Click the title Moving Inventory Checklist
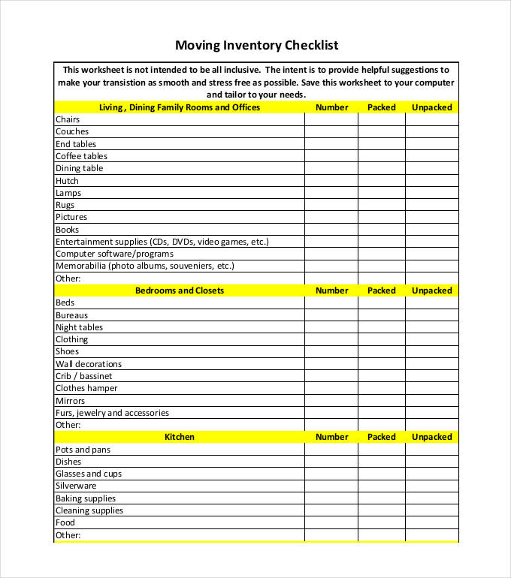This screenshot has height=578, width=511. click(x=256, y=45)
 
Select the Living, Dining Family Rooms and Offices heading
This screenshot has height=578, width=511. click(x=180, y=107)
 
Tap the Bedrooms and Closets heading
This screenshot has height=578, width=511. click(x=180, y=291)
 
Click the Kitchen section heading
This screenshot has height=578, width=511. click(x=180, y=437)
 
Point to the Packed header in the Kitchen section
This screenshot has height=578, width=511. click(x=381, y=437)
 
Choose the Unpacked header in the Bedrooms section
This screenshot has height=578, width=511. click(x=431, y=291)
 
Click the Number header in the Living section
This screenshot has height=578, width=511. click(x=331, y=107)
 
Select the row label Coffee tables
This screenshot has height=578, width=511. click(x=81, y=156)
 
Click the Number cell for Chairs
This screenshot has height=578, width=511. click(x=331, y=119)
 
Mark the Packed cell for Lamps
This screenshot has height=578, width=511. click(x=381, y=193)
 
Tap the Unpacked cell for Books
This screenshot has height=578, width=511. click(x=431, y=230)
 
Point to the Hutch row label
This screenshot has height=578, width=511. click(x=67, y=181)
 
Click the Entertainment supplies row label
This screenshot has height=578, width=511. click(x=162, y=242)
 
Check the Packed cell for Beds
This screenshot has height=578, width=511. click(x=381, y=303)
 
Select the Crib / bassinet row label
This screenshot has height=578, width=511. click(x=83, y=376)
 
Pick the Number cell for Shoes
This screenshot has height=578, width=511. click(x=331, y=351)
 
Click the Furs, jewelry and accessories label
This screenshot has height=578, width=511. click(x=112, y=413)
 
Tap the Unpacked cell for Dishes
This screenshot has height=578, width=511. click(x=431, y=462)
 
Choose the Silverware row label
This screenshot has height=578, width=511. click(x=76, y=486)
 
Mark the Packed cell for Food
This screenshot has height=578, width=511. click(x=381, y=522)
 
